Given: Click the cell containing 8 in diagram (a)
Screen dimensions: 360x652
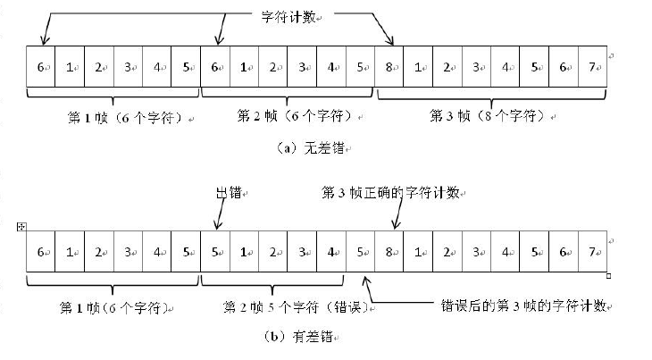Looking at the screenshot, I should coord(390,66).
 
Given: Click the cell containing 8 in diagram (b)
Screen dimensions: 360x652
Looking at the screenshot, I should coord(390,252).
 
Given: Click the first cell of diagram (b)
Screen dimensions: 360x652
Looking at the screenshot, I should coord(41,252).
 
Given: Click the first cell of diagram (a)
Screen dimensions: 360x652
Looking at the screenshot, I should coord(41,66).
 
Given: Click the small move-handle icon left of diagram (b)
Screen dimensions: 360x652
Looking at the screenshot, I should coord(21,228).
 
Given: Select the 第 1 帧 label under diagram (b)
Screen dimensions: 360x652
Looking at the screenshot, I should coord(110,307).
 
